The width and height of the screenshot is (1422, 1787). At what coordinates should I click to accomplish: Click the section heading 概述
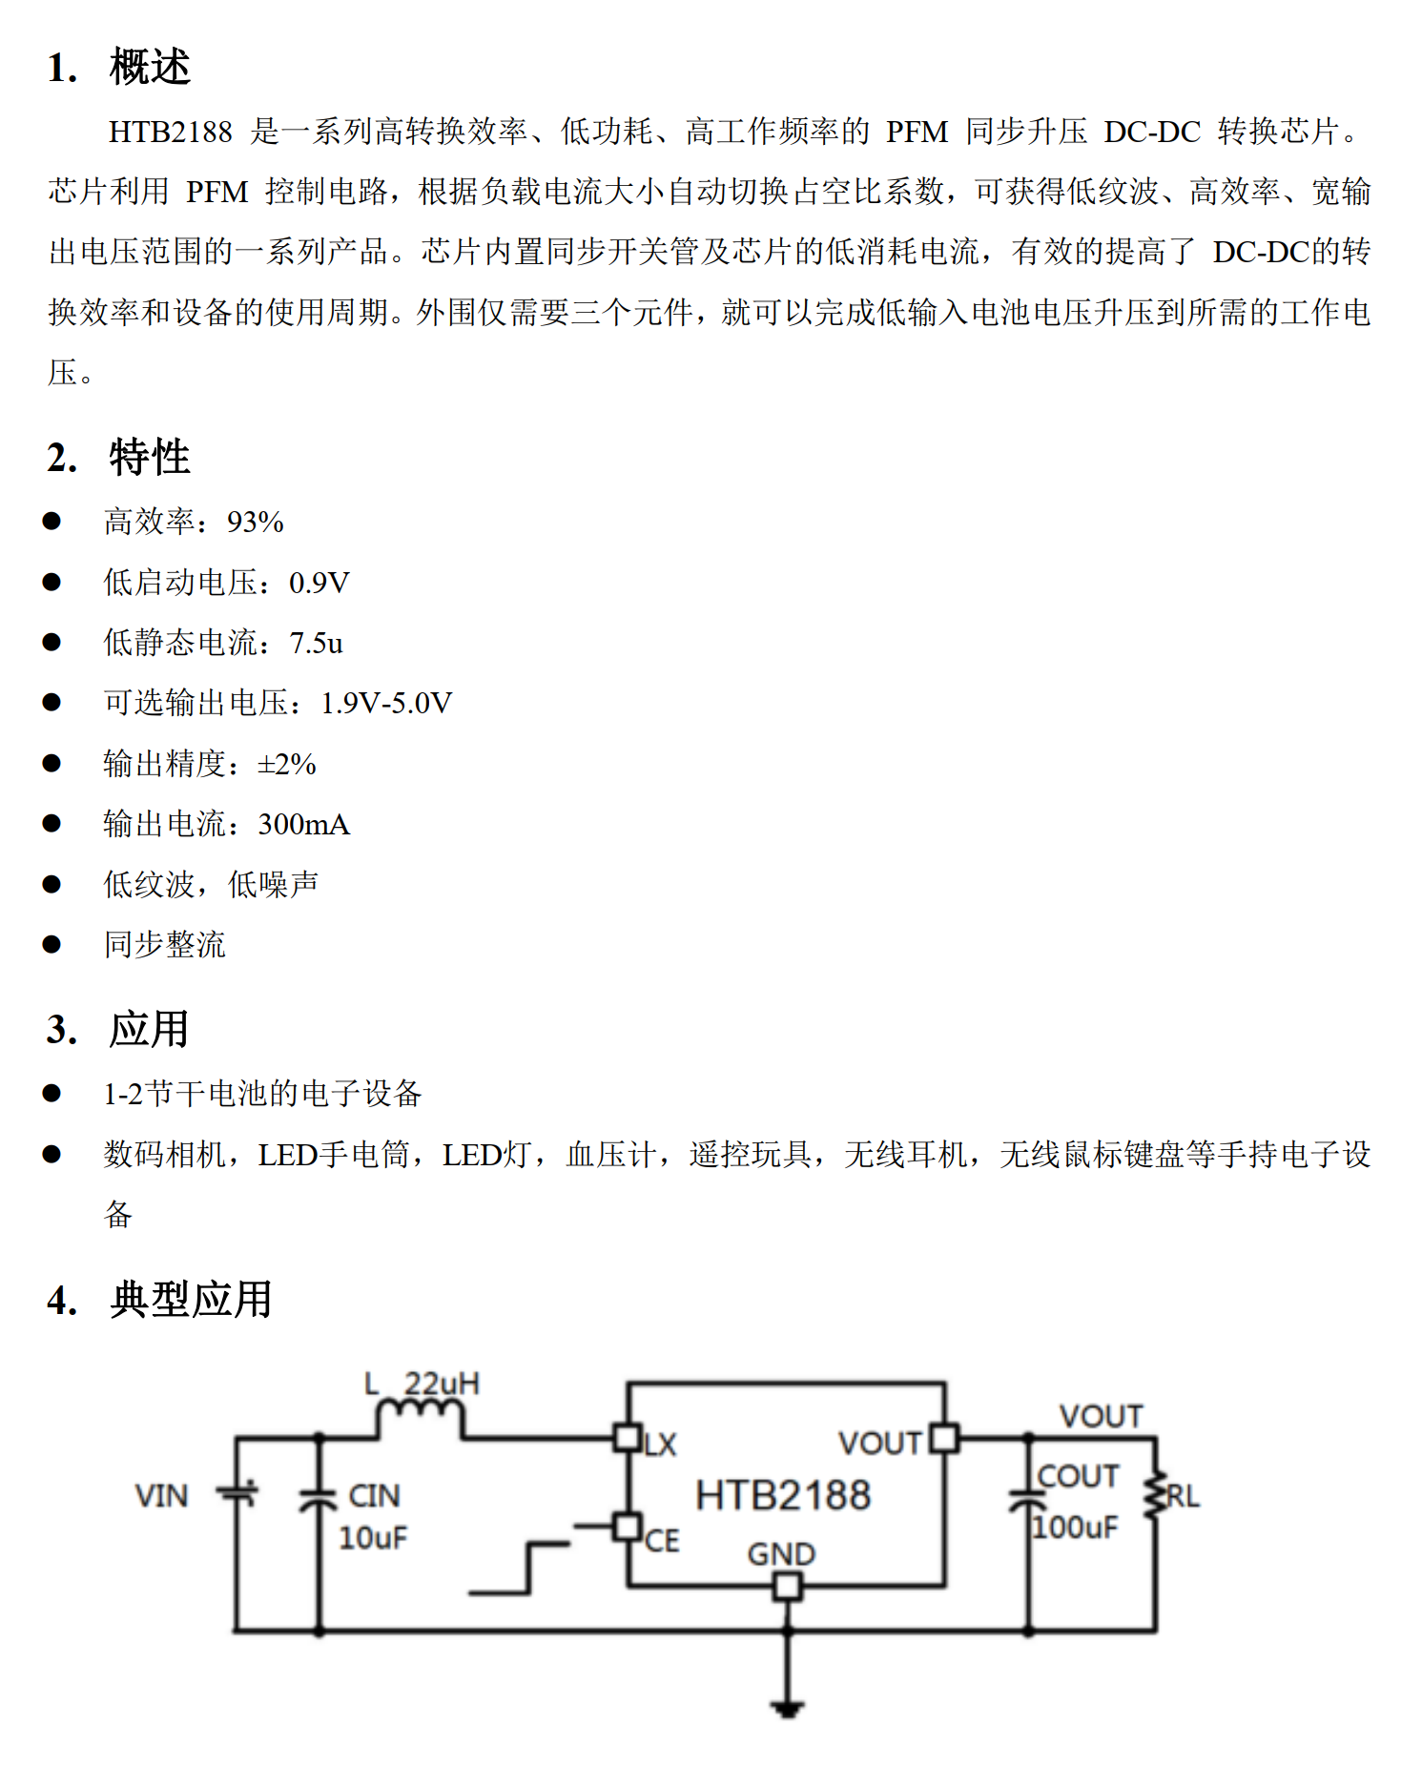click(150, 68)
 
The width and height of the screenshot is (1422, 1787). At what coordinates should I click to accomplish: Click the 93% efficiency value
click(255, 523)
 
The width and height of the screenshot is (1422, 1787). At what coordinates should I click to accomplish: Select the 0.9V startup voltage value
click(319, 583)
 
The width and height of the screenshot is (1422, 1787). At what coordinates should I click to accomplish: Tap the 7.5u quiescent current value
click(316, 643)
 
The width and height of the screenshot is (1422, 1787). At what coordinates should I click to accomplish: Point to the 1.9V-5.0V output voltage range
click(385, 704)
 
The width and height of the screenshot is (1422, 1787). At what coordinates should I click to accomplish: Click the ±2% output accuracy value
click(287, 764)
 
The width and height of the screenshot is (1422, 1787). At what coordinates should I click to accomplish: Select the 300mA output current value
click(303, 825)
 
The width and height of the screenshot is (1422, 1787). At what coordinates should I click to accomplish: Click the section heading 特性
click(150, 458)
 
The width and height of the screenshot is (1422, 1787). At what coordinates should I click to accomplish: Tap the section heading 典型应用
click(191, 1300)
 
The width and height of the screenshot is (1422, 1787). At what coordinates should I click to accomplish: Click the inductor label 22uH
click(442, 1384)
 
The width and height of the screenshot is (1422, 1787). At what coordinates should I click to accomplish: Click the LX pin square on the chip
click(627, 1437)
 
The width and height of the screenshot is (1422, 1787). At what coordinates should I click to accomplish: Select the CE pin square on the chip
click(627, 1527)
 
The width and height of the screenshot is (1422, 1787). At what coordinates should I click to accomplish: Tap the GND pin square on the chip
click(787, 1587)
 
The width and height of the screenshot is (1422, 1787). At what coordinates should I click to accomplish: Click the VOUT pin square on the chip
click(943, 1437)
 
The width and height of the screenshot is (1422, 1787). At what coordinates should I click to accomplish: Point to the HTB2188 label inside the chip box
click(782, 1495)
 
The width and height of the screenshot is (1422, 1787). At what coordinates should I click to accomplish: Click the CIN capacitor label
click(374, 1495)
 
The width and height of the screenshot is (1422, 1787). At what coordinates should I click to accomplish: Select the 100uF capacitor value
click(1076, 1528)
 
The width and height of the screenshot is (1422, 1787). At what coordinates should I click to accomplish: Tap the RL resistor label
click(1183, 1496)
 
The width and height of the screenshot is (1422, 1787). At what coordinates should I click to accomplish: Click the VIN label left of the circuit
click(161, 1495)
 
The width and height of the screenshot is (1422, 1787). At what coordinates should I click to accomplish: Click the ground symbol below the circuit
click(787, 1708)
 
